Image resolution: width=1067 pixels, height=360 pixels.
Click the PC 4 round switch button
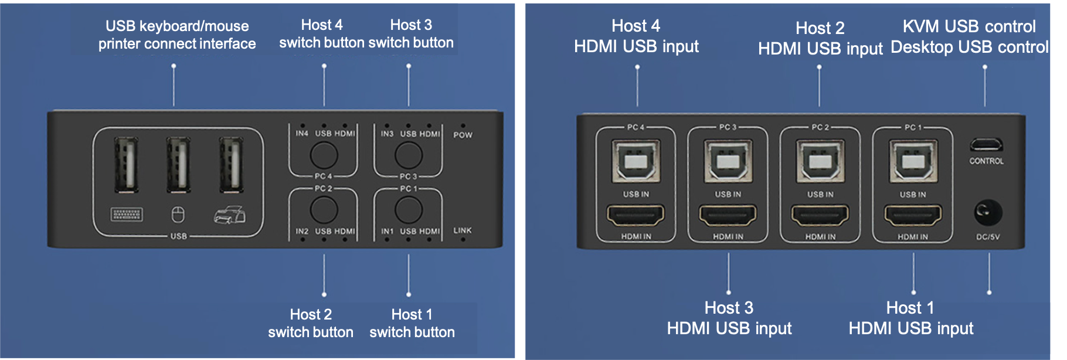point(324,155)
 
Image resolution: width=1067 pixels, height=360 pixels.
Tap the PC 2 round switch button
point(324,209)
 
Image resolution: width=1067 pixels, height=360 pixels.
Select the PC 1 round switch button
point(409,209)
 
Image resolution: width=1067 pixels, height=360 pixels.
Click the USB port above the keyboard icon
point(126,165)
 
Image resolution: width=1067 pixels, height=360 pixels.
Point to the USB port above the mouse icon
point(178,165)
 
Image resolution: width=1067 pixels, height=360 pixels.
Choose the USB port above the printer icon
point(231,165)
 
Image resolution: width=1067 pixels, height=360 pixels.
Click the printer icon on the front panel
point(229,215)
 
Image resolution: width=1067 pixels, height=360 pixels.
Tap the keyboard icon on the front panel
point(127,215)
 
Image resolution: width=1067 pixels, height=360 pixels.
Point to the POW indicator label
point(463,135)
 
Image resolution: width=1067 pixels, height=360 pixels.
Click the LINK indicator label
point(462,230)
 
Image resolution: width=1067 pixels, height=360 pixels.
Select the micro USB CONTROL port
point(986,145)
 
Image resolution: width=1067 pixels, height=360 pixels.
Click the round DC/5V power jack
point(988,212)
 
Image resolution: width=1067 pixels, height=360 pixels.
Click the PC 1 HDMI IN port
point(913,216)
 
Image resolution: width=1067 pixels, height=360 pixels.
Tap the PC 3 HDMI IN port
point(728,216)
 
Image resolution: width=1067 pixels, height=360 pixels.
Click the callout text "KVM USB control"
point(969,26)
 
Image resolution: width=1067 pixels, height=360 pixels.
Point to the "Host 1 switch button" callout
point(412,323)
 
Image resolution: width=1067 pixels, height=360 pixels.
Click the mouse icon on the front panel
point(178,215)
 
